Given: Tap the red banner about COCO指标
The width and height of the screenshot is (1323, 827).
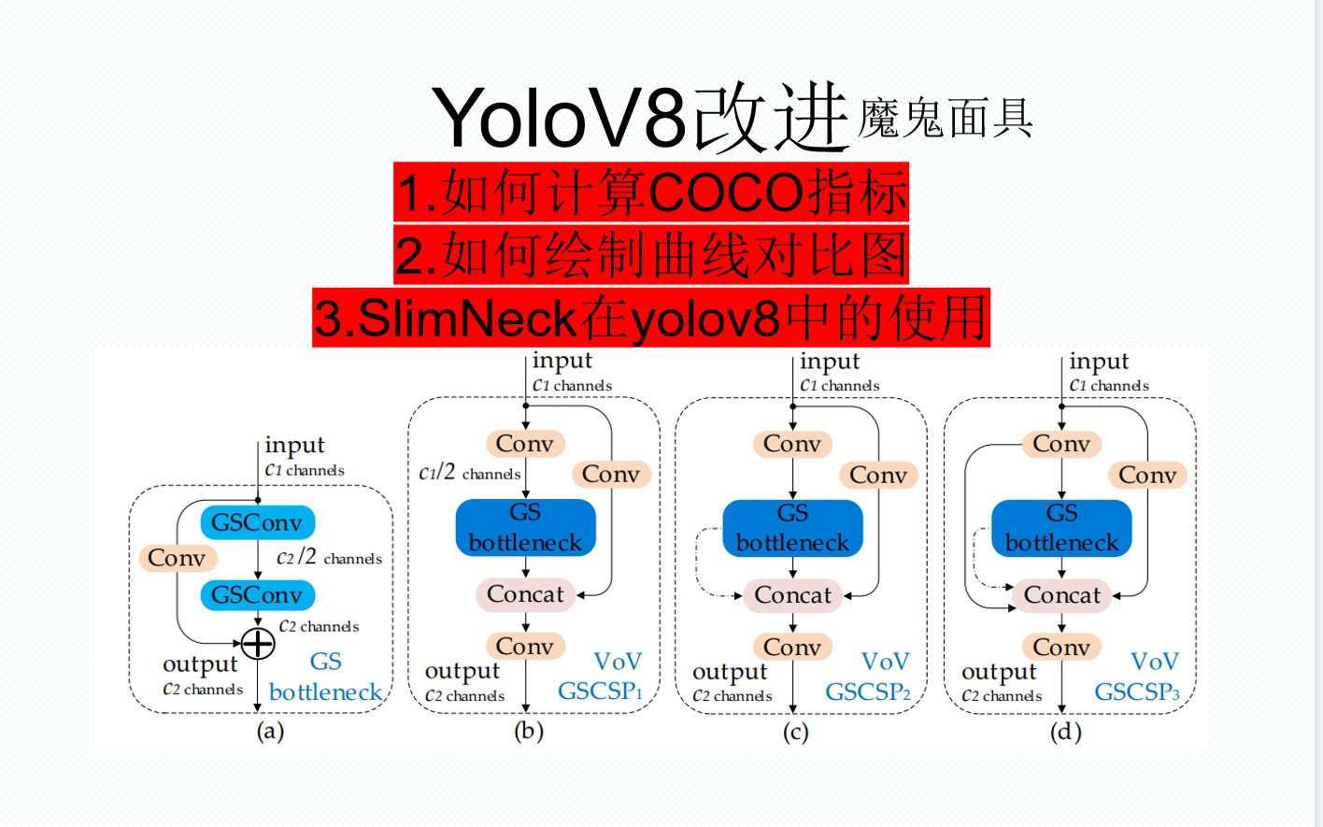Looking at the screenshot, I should tap(650, 193).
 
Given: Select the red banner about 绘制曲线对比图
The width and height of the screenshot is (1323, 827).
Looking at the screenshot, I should tap(650, 255).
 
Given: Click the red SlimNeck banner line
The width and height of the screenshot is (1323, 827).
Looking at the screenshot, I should tap(650, 318).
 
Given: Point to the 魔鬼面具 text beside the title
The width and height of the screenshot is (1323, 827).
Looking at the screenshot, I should tap(945, 119).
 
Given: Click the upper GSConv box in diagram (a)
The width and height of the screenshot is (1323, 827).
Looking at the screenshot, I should tap(257, 522).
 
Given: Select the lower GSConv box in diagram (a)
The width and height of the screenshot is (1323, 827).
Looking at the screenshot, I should tap(257, 594).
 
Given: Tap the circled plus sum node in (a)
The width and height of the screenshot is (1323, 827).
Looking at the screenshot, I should tap(258, 643).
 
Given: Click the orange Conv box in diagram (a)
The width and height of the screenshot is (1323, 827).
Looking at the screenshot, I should tap(177, 558).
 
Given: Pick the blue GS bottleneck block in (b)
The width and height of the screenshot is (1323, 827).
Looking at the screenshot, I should tap(525, 528).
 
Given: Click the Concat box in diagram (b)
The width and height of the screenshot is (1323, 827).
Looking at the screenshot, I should tap(525, 594).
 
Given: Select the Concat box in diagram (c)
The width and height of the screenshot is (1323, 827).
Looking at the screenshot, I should tap(792, 595).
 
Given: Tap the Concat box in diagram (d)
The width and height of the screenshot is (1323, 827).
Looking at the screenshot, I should tap(1061, 595).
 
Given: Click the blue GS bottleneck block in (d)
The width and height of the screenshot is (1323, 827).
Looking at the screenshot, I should tap(1061, 528).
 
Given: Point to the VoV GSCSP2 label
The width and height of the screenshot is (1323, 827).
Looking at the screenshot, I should tap(869, 677).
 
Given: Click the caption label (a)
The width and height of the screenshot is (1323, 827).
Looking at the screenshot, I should tap(270, 731).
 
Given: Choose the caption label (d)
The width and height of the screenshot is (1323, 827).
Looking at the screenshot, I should tap(1065, 732).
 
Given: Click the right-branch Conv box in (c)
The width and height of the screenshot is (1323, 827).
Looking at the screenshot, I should tap(878, 475).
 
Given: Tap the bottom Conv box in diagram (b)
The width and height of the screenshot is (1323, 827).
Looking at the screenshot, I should tap(525, 646).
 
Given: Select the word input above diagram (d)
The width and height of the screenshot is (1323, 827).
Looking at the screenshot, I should tap(1099, 362).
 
